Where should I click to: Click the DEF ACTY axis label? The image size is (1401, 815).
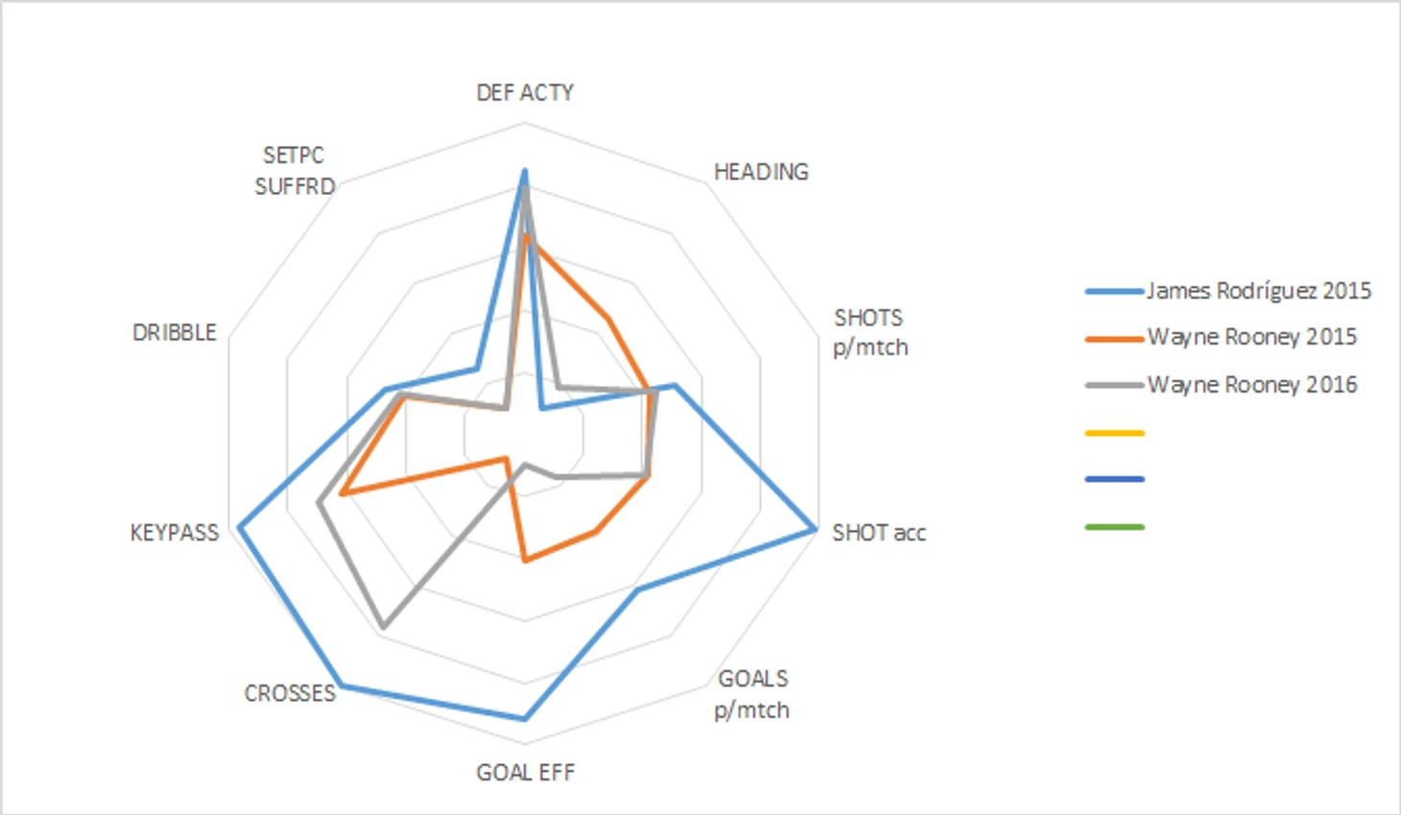(x=525, y=92)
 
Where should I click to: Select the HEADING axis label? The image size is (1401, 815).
(x=761, y=172)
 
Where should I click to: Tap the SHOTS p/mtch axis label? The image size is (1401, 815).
(x=869, y=332)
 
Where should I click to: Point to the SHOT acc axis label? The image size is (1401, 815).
(x=878, y=533)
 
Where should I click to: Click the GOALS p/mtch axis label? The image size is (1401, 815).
(x=752, y=694)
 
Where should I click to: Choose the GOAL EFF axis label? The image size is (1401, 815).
(x=525, y=773)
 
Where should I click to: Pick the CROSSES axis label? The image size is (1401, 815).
(x=290, y=693)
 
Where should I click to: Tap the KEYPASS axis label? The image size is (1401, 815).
(x=175, y=533)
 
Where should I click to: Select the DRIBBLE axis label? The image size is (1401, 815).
(x=175, y=332)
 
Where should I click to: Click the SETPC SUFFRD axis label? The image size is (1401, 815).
(x=295, y=171)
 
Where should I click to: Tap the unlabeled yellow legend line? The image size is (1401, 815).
(x=1115, y=433)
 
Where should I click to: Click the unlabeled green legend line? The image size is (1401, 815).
(x=1115, y=527)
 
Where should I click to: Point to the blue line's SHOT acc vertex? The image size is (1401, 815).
(x=815, y=529)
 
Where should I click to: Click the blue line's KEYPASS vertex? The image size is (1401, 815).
(x=240, y=526)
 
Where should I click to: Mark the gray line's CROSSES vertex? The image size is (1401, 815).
(x=383, y=627)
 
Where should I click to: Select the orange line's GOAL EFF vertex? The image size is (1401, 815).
(x=524, y=561)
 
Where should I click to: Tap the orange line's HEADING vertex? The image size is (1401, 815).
(x=606, y=318)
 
